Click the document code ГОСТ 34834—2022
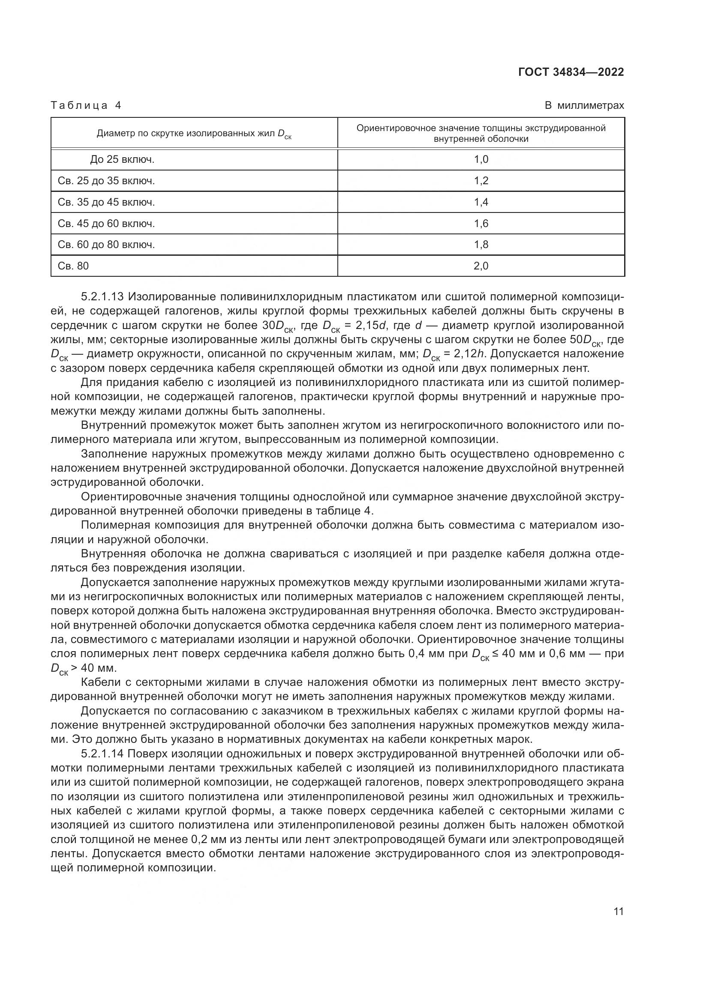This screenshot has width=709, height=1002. click(x=571, y=72)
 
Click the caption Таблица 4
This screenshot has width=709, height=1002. click(x=86, y=105)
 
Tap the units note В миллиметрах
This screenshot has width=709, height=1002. click(x=584, y=105)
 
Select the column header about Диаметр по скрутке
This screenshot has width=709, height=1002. click(x=194, y=134)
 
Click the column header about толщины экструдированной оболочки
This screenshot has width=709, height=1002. click(x=481, y=133)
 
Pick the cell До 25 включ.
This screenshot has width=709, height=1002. click(x=122, y=159)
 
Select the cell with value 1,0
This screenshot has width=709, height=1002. click(x=481, y=159)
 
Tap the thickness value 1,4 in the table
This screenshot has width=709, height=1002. click(x=481, y=202)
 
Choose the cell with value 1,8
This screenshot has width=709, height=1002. click(x=481, y=244)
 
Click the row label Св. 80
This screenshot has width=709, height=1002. click(x=73, y=266)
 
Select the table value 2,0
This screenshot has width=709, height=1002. click(x=481, y=266)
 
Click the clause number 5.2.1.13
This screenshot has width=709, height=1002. click(x=102, y=297)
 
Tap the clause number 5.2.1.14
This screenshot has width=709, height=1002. click(x=102, y=754)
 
